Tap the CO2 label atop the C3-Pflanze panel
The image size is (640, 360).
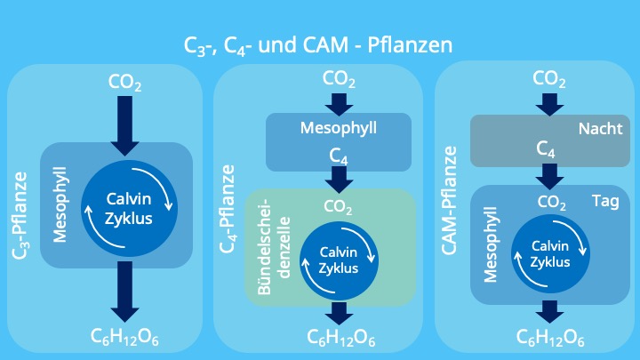[x=124, y=83]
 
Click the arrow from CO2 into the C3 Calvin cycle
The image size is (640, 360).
[x=124, y=124]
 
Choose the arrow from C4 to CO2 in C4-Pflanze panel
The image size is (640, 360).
[x=339, y=179]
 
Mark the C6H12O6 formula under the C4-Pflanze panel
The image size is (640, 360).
[x=340, y=338]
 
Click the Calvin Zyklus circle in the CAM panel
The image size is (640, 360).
[x=550, y=253]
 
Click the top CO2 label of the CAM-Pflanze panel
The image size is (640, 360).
[x=550, y=80]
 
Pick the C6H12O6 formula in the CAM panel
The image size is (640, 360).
[x=551, y=338]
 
